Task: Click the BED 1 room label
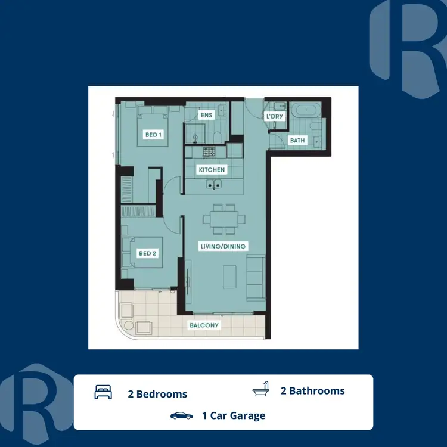[x=154, y=135]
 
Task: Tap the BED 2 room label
[x=147, y=253]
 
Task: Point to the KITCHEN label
[x=212, y=170]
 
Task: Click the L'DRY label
[x=275, y=116]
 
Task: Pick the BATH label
[x=297, y=141]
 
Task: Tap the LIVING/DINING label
[x=222, y=246]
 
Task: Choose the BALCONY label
[x=204, y=325]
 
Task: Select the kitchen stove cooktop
[x=209, y=152]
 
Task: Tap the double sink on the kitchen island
[x=213, y=185]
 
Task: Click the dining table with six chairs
[x=223, y=219]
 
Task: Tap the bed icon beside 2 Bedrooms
[x=103, y=393]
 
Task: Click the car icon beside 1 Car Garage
[x=181, y=415]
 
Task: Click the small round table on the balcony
[x=126, y=310]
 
